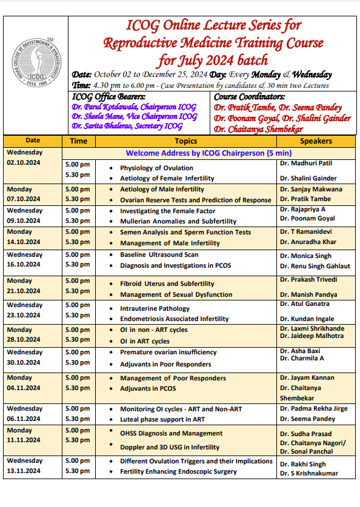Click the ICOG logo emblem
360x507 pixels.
tap(35, 73)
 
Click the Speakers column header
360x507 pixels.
tap(316, 141)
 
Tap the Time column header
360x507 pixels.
tap(78, 141)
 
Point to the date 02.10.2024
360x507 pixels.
tap(25, 163)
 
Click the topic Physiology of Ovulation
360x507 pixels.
tap(156, 168)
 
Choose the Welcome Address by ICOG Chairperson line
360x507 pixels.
tap(208, 153)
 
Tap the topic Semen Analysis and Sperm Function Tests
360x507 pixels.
tap(185, 232)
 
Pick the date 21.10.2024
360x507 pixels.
tap(25, 290)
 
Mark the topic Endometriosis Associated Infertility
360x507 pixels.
tap(174, 319)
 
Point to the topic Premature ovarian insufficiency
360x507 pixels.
tap(168, 352)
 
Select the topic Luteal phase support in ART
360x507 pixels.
tap(162, 419)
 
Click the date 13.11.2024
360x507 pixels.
tap(25, 471)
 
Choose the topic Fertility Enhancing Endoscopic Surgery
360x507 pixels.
tap(178, 471)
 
